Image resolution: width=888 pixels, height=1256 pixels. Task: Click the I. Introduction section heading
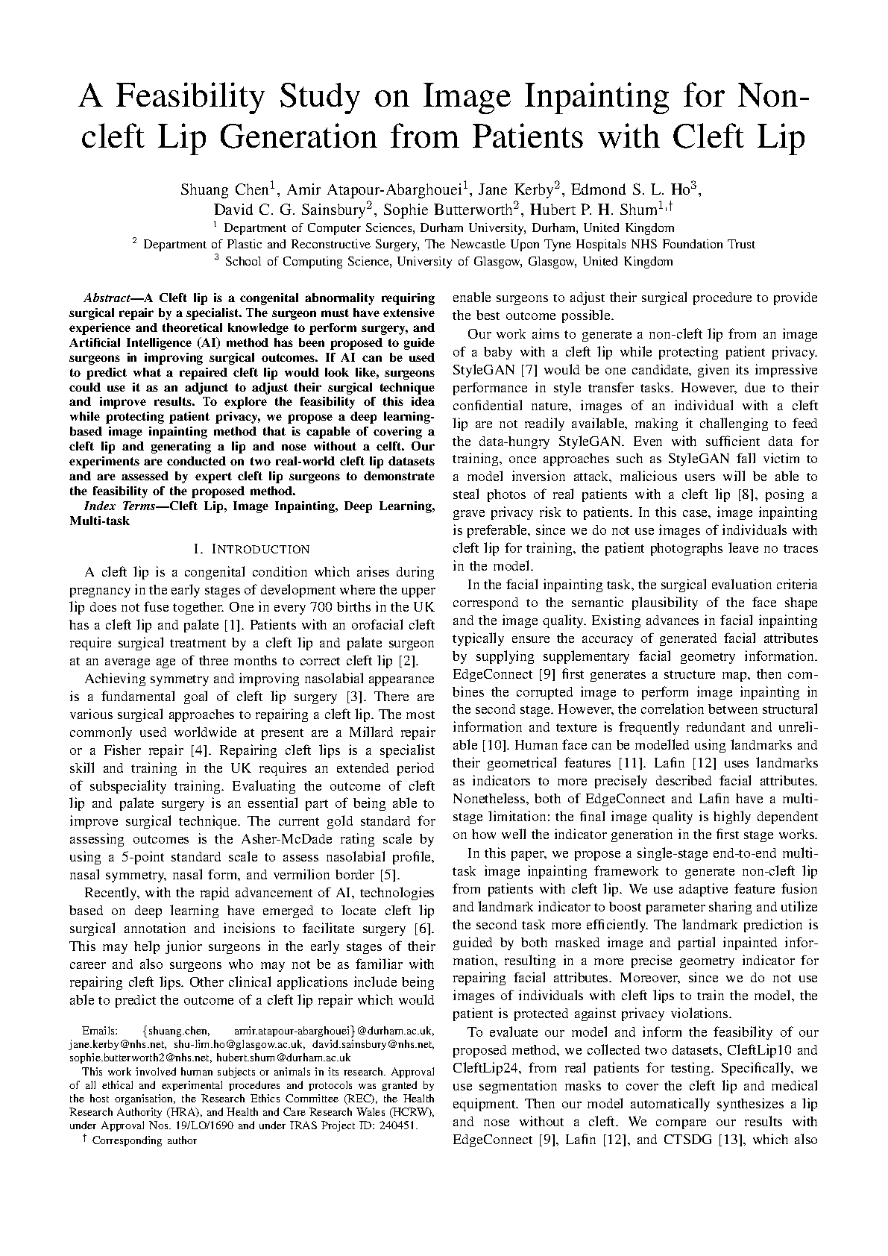[x=251, y=550]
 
